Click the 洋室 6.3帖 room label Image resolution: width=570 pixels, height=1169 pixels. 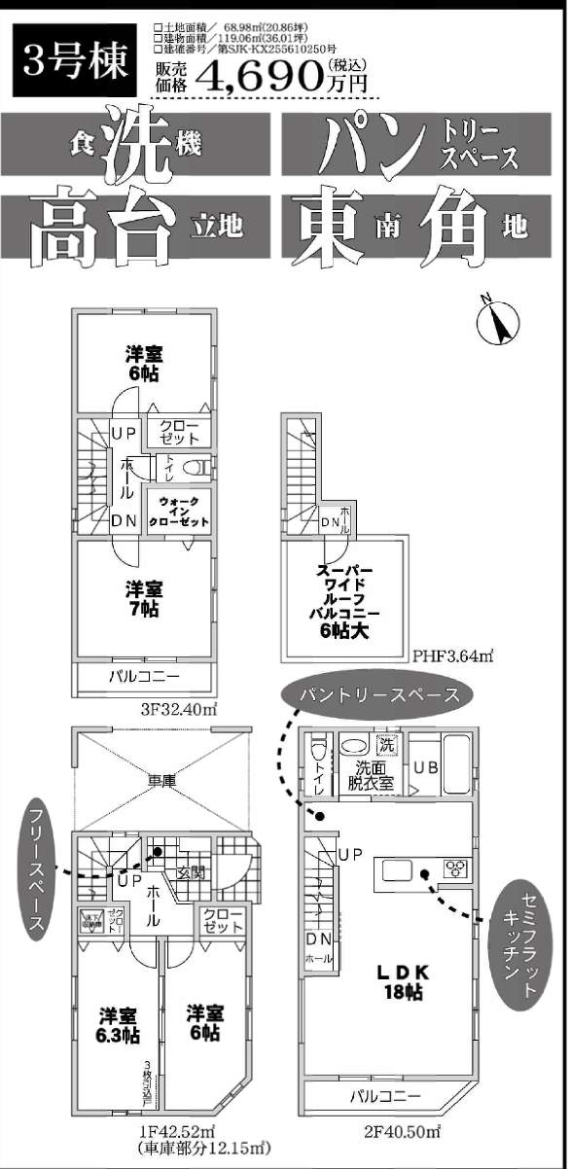click(118, 1024)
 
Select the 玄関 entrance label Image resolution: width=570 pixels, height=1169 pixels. click(191, 871)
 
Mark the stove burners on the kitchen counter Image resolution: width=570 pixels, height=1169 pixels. click(455, 868)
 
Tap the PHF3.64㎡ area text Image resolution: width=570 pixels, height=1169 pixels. click(453, 656)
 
